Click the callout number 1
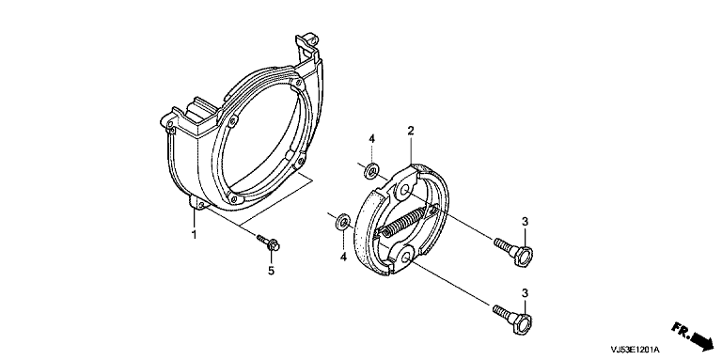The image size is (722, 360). point(195,234)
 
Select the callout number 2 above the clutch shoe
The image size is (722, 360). point(410,131)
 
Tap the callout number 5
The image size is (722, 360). point(271,271)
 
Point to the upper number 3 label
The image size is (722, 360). point(525,222)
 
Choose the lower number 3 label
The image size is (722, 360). point(525,293)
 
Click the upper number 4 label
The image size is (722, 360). point(371,138)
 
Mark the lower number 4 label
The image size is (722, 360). point(343,257)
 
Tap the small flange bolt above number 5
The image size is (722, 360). point(268,243)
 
